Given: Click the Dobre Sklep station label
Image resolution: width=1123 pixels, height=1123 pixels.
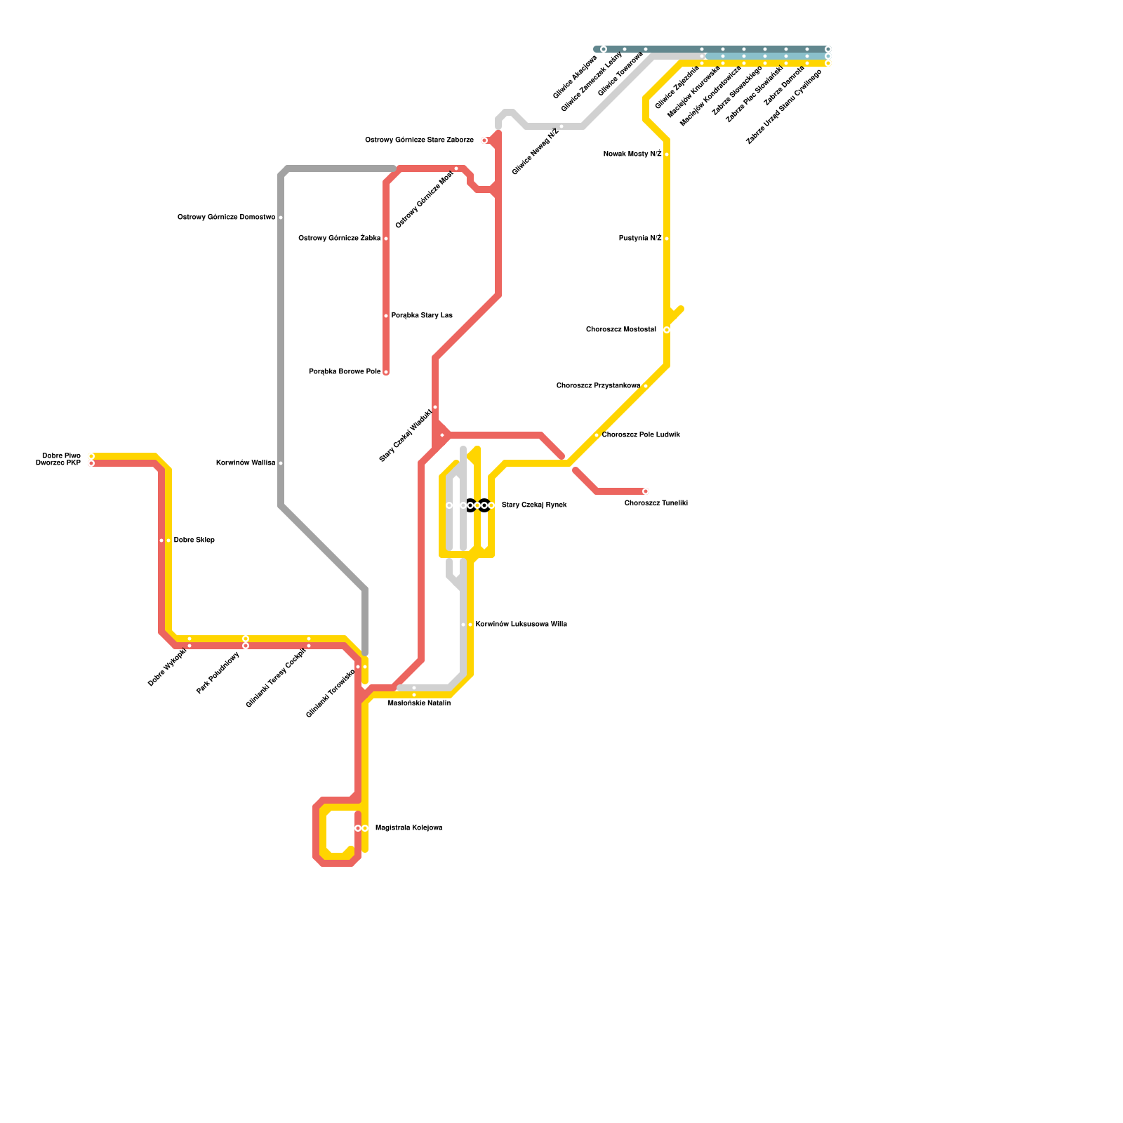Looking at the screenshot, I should pyautogui.click(x=194, y=540).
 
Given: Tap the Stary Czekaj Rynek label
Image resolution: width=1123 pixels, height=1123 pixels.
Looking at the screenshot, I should pyautogui.click(x=534, y=505).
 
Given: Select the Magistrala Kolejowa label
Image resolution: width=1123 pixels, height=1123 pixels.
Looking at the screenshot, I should pyautogui.click(x=408, y=828).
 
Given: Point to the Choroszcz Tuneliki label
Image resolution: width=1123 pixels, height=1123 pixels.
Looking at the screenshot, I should pyautogui.click(x=656, y=503).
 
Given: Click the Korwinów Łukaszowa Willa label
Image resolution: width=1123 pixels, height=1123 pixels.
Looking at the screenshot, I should pyautogui.click(x=521, y=625).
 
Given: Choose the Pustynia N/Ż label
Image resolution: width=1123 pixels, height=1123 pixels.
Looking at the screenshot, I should pyautogui.click(x=640, y=239).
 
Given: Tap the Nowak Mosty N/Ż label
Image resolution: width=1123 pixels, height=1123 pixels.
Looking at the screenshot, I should pyautogui.click(x=632, y=154).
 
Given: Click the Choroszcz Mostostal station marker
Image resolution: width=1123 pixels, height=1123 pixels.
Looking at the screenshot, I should pyautogui.click(x=667, y=330).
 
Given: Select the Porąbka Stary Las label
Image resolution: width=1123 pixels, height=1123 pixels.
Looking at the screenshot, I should pyautogui.click(x=422, y=316).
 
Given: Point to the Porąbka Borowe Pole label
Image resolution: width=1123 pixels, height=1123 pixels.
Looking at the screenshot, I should pyautogui.click(x=345, y=372).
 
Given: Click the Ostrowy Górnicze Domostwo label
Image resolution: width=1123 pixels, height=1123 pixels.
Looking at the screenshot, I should pyautogui.click(x=226, y=218).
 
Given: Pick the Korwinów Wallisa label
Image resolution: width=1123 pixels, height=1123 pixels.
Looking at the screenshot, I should pyautogui.click(x=246, y=463).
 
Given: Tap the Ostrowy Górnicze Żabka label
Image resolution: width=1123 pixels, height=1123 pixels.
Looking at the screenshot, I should pyautogui.click(x=340, y=239).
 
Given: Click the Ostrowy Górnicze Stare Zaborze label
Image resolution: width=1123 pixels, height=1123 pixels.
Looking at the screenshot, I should pyautogui.click(x=419, y=140).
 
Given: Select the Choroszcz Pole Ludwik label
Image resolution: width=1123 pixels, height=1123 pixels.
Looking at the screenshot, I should pyautogui.click(x=641, y=435).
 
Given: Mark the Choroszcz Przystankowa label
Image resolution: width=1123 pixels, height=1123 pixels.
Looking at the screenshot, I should pyautogui.click(x=598, y=386).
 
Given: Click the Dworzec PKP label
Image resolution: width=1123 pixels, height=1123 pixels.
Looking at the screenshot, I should pyautogui.click(x=58, y=463).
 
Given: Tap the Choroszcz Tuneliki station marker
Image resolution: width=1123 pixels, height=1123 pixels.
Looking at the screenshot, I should pyautogui.click(x=646, y=491).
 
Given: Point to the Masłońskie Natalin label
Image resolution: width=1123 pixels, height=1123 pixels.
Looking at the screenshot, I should pyautogui.click(x=419, y=703).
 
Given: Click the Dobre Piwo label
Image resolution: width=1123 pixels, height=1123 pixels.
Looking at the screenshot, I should pyautogui.click(x=61, y=456).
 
